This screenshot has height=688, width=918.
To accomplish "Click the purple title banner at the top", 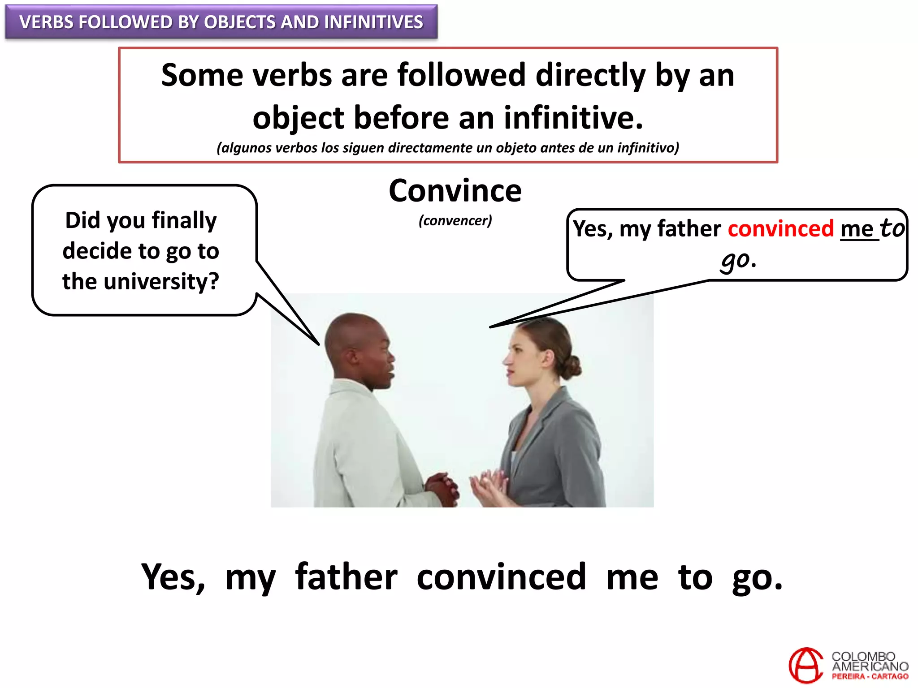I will pos(221,22).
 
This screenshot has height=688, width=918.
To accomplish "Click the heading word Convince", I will pos(455,191).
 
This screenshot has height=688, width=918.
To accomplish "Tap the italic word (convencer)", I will pos(455,220).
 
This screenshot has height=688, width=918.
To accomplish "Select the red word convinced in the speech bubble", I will pos(780,229).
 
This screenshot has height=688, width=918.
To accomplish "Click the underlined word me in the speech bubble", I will pos(857,229).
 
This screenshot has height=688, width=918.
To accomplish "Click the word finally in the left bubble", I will pos(184,220).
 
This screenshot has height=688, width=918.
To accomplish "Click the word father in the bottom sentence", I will pos(346,577).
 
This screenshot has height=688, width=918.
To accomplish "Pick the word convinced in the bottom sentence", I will pos(501,577).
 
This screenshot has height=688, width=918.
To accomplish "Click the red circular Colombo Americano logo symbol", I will pos(805,665).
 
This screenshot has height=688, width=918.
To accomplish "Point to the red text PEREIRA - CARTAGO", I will pos(870,677).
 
